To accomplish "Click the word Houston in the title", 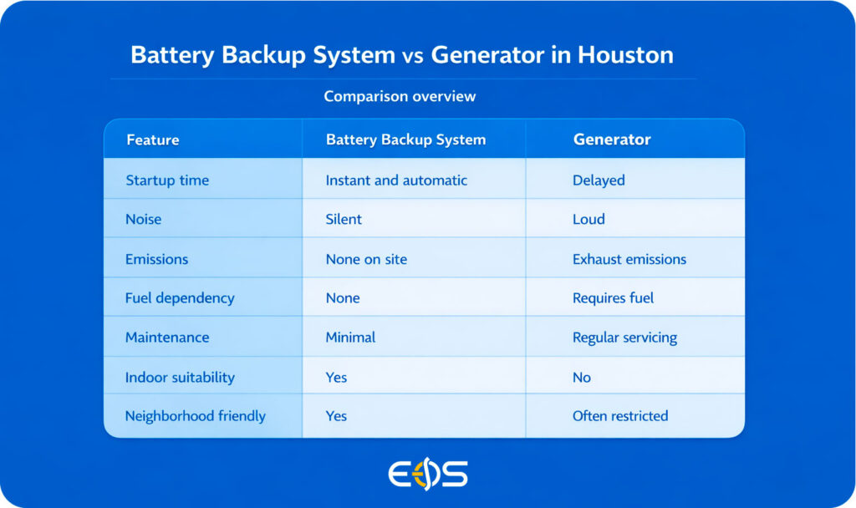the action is pos(625,55).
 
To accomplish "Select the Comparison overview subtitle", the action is pos(400,97).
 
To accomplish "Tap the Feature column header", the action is pos(153,140).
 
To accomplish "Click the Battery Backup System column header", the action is pos(405,140).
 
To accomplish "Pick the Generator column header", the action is pos(612,140).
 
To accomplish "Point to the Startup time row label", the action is pos(167,180).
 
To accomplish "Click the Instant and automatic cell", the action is pos(396,180).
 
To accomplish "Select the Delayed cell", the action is pos(599,180).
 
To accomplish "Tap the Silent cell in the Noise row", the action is pos(344,219).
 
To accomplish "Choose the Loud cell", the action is pos(588,219).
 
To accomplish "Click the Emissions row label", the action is pos(156,259).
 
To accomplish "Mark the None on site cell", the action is pos(366,259).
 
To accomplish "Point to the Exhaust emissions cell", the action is pos(629,259).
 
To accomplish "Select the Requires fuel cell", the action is pos(613,298).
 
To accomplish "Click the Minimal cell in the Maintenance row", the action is pos(350,338).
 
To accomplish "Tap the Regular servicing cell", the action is pos(625,338).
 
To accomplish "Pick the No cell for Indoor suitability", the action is pos(582,377).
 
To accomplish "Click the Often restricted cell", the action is pos(620,416).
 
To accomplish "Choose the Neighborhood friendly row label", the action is pos(196,416).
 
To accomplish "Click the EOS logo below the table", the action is pos(428,474).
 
